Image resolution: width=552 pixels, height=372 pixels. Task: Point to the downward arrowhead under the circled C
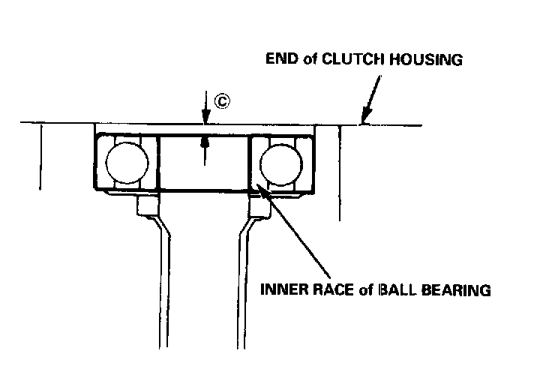[203, 117]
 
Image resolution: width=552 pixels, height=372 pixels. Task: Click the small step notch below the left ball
[147, 207]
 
